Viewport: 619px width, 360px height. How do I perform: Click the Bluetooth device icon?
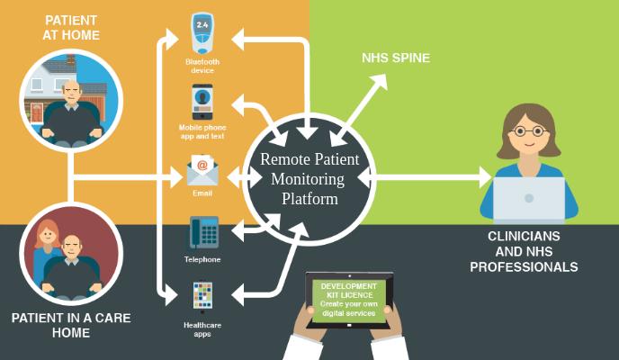coord(202,33)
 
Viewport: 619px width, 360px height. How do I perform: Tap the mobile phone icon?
coord(202,102)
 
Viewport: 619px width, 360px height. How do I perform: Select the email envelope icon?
coord(202,170)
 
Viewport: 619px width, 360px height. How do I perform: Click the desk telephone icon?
coord(203,232)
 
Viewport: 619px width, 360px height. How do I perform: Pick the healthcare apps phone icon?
coord(202,296)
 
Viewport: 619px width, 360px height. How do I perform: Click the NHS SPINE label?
coord(396,58)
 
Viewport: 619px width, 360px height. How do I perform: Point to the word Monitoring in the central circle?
coord(308,179)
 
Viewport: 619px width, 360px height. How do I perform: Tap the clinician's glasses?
coord(529,131)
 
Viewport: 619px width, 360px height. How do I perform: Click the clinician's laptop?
coord(529,198)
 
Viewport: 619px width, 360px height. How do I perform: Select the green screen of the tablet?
coord(349,300)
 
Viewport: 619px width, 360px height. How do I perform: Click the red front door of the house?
coord(36,112)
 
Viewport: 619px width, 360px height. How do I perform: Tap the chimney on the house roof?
coord(71,59)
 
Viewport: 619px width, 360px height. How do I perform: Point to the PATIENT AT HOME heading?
coord(71,28)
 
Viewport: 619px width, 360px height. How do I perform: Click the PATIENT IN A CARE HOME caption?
coord(71,325)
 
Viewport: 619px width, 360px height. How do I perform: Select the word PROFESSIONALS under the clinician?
coord(524,267)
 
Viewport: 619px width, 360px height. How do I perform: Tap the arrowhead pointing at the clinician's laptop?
coord(485,176)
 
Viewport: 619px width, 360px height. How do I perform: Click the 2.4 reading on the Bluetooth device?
coord(202,25)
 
